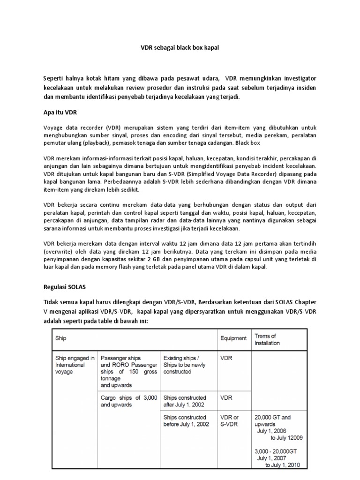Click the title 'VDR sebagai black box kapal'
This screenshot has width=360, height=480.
[180, 48]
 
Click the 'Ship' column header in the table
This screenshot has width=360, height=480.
[61, 337]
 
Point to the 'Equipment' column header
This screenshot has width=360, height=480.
[233, 337]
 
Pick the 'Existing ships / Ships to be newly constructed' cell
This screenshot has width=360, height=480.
[184, 364]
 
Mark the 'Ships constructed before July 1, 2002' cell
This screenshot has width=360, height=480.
[185, 420]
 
